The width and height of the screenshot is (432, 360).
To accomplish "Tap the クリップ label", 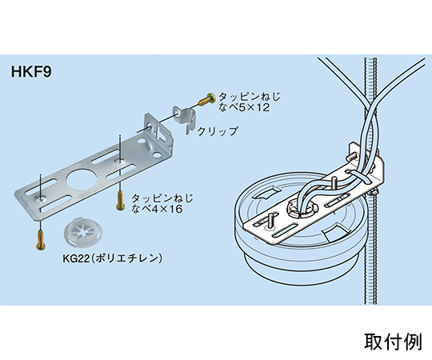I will [x=217, y=131].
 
